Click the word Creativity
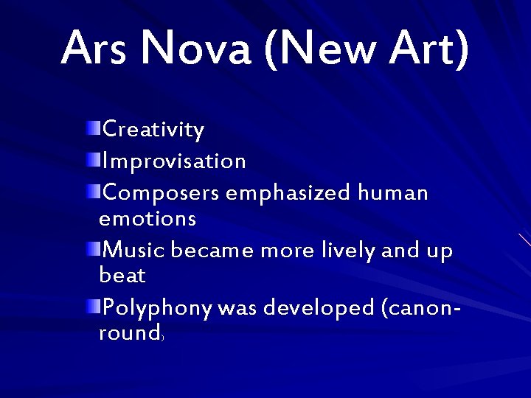click(153, 130)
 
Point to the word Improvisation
click(175, 160)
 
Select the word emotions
click(147, 218)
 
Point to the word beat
click(122, 276)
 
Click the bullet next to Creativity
click(96, 129)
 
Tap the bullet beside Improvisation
click(96, 158)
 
